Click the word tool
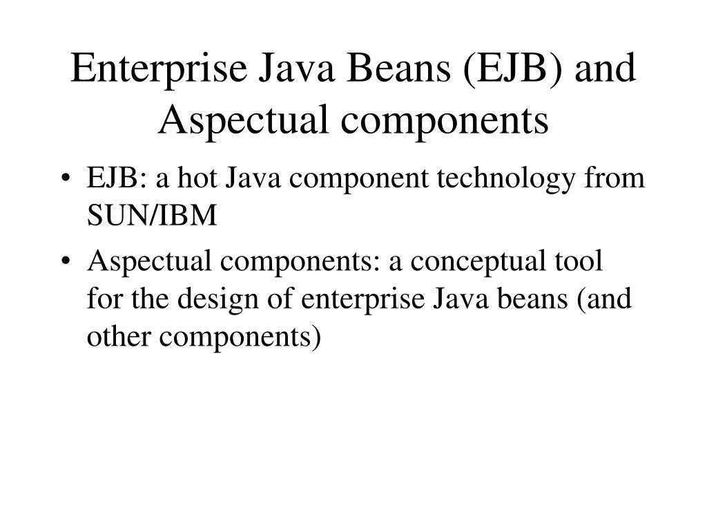point(579,263)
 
